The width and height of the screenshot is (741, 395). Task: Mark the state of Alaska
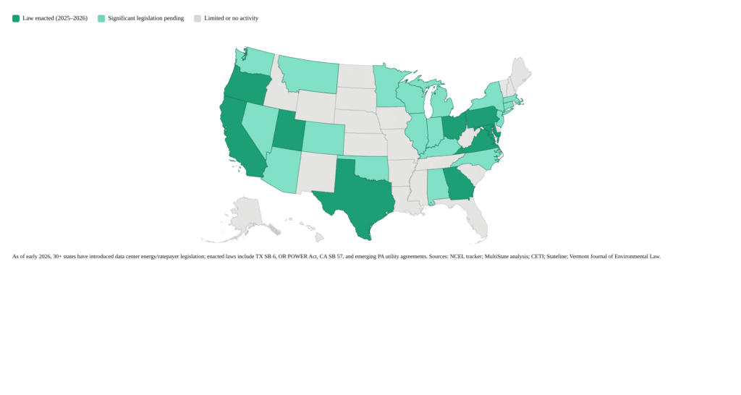246,217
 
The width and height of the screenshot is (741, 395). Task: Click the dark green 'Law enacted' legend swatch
16,18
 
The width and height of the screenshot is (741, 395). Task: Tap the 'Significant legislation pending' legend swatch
101,18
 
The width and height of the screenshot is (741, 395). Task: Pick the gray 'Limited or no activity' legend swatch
198,18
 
